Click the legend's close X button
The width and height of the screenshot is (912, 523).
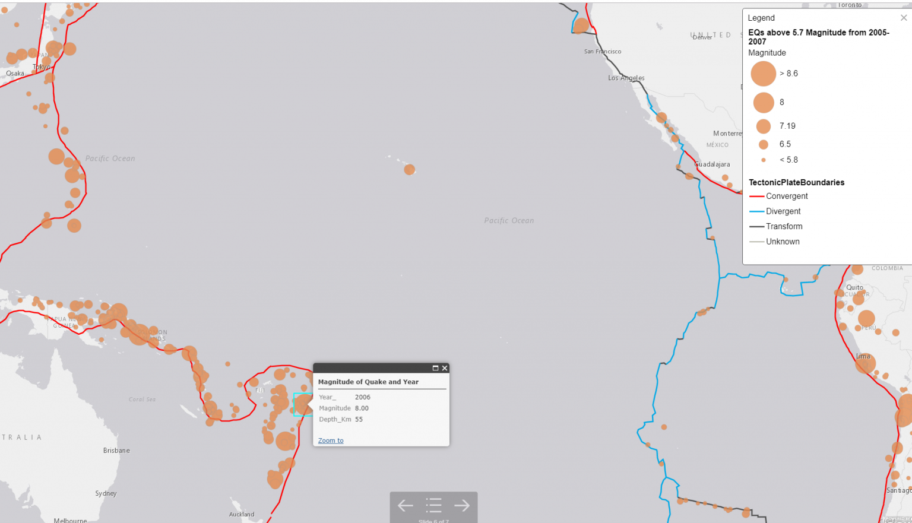tap(904, 18)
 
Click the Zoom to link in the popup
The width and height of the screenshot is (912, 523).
tap(331, 440)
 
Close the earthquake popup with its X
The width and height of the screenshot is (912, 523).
tap(445, 368)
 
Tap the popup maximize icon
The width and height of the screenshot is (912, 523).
tap(435, 368)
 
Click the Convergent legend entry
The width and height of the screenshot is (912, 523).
tap(787, 196)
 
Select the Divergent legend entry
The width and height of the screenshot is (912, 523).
tap(783, 211)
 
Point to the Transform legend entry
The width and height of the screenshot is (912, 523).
tap(784, 227)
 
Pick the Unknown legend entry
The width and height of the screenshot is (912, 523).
tap(783, 242)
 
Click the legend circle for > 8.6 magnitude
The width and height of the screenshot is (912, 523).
tap(764, 74)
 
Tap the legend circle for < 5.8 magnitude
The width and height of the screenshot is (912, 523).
tap(764, 160)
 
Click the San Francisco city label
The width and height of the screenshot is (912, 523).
tap(603, 52)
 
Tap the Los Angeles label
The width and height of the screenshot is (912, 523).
tap(626, 78)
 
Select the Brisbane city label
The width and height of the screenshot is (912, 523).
tap(116, 451)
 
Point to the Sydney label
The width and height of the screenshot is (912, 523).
tap(106, 493)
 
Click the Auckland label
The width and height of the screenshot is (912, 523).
tap(242, 515)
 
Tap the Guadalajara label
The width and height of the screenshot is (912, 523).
tap(712, 164)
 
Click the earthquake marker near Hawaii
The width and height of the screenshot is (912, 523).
tap(409, 170)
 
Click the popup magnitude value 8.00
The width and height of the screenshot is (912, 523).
tap(362, 408)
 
